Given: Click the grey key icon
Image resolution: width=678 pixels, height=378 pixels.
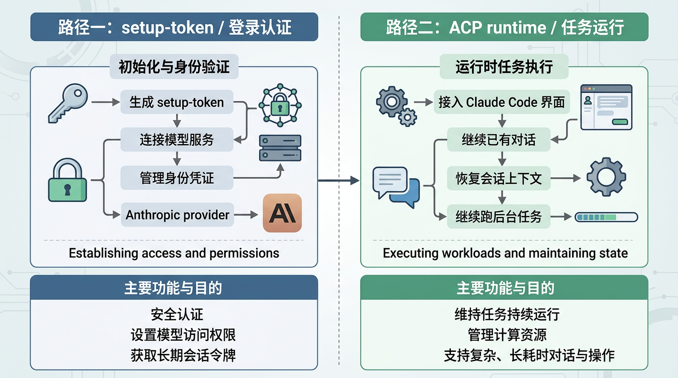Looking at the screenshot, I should (x=68, y=103).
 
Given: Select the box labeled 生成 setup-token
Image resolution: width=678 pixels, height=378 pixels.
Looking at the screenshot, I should (x=176, y=103).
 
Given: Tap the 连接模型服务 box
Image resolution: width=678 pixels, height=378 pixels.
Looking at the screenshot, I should (x=176, y=140).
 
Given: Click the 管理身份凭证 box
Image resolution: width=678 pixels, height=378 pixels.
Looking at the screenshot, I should (x=176, y=178).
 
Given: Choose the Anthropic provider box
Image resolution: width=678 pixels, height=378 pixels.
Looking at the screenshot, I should (x=177, y=215).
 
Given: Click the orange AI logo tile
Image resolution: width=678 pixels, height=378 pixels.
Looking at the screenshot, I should (x=282, y=213).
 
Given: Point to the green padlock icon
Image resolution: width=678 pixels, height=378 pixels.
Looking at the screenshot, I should (x=68, y=181).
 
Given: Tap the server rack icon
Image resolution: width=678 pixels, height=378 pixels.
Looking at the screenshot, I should (x=280, y=148).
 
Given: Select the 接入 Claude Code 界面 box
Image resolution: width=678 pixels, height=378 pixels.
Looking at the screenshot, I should (x=502, y=102).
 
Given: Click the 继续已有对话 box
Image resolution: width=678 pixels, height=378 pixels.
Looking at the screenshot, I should (x=498, y=140).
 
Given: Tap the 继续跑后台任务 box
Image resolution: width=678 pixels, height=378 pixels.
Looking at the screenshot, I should (x=498, y=217).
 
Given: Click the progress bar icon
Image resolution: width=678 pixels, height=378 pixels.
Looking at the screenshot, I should (x=607, y=217).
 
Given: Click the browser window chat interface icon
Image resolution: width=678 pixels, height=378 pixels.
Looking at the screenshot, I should (x=606, y=107).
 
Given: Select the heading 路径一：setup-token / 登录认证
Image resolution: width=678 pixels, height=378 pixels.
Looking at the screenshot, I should (x=174, y=27).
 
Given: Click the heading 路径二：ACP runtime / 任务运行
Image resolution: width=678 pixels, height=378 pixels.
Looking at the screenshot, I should (x=505, y=27).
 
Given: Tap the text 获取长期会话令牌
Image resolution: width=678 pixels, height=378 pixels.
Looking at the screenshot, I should (x=183, y=355).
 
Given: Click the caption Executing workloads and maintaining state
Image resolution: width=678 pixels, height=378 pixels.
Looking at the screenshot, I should (x=505, y=253).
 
